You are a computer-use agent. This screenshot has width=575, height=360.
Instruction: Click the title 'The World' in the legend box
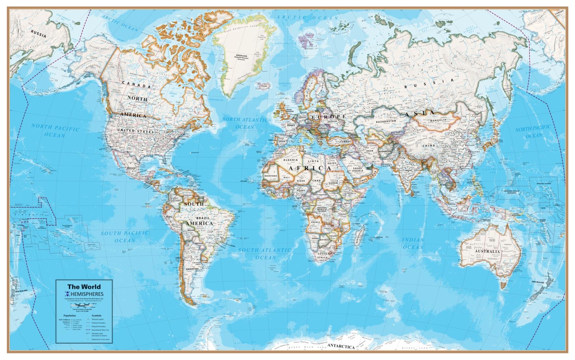pos(84,287)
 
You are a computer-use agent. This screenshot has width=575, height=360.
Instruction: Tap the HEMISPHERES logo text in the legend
pos(87,294)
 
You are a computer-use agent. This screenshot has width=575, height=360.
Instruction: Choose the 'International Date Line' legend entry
pos(100,330)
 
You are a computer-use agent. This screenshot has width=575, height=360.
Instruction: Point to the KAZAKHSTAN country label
pos(386,121)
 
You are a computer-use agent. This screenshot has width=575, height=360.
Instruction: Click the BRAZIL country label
pos(203,218)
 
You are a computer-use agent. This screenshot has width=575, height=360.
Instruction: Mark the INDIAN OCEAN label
pos(413,243)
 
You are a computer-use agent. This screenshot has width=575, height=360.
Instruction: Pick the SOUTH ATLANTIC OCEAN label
pos(265,254)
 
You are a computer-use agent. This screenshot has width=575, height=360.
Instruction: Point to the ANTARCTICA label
pos(341,346)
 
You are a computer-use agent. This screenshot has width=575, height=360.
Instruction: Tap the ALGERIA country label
pos(290,160)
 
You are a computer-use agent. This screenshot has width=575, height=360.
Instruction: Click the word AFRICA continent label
pos(309,168)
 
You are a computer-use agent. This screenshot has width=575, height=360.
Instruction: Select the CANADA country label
pos(136,84)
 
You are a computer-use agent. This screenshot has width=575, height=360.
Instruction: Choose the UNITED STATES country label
pos(135,131)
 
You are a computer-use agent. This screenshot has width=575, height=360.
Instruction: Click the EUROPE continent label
pos(328,117)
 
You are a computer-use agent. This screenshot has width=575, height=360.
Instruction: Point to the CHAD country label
pos(316,180)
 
